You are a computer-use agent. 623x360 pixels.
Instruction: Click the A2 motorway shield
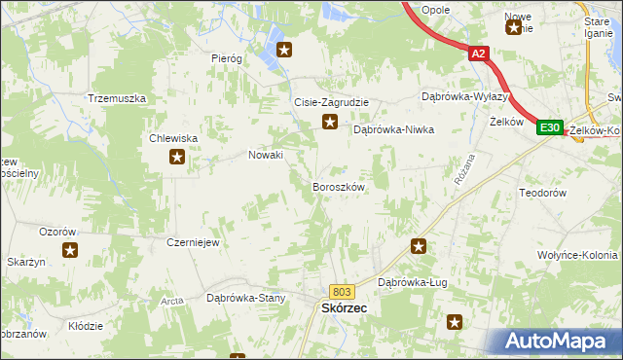477,55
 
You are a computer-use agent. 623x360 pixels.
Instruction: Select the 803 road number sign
341,291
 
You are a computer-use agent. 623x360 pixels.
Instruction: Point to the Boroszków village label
338,186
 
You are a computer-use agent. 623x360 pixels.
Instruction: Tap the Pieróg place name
227,58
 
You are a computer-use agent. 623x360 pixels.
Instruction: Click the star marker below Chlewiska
176,158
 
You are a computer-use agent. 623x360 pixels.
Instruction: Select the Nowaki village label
266,155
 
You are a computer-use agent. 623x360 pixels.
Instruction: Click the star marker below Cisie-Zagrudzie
330,123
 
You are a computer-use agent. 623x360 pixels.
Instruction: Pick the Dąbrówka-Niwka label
393,128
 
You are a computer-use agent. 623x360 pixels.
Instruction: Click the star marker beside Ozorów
71,251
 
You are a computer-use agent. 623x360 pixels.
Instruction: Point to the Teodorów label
544,193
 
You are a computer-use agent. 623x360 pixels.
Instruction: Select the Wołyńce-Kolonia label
577,254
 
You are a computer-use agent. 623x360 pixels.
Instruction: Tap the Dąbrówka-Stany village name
245,298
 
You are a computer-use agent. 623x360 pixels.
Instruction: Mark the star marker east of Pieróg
284,50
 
